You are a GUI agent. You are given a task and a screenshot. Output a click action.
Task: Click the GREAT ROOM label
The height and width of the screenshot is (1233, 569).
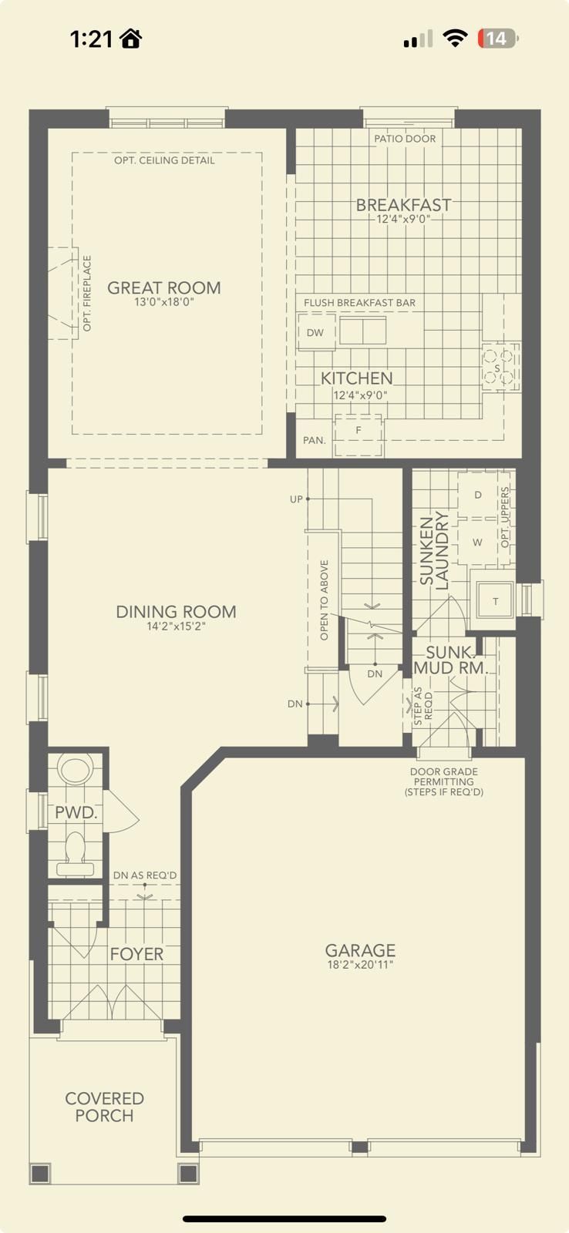pos(164,287)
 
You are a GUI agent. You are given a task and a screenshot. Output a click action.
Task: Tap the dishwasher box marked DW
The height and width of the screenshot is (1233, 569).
pos(316,332)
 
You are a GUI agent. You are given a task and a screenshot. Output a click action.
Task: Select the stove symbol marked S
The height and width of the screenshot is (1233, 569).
pos(499,367)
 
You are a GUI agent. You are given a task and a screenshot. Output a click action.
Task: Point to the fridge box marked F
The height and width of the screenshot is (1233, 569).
pos(359,435)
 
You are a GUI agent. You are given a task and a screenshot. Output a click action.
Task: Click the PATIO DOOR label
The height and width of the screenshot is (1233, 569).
pos(405,139)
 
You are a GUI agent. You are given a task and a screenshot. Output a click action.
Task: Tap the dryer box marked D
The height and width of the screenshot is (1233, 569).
pos(477,494)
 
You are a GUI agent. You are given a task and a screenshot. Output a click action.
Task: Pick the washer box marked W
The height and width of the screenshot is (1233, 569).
pos(477,543)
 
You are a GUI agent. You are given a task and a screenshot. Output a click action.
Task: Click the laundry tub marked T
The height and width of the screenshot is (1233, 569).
pos(496,600)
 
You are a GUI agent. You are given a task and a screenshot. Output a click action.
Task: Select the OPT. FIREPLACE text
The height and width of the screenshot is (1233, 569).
pos(87,294)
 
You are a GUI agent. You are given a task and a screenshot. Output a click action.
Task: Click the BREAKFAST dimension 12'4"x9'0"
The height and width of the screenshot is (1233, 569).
pos(403,219)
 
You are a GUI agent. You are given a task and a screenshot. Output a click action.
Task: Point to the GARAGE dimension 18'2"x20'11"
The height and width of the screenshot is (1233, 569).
pos(360,964)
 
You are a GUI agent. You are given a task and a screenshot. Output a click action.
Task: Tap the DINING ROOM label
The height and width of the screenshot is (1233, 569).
pos(177,612)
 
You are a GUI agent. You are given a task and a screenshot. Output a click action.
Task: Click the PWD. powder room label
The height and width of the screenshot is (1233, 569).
pos(76,812)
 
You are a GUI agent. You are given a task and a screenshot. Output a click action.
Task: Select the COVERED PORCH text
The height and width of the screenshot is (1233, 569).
pos(105,1107)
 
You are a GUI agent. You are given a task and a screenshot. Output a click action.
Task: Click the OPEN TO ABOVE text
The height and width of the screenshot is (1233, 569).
pos(325,600)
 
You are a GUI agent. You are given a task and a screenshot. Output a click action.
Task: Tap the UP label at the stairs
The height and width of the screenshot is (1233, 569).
pos(296,499)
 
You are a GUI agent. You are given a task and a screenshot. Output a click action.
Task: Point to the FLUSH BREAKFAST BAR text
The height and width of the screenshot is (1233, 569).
pos(360,303)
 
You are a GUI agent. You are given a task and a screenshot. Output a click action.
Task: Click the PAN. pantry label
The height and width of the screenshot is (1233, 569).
pos(315,440)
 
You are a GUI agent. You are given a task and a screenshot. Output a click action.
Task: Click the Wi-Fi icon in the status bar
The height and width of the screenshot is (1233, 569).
pos(455,39)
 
